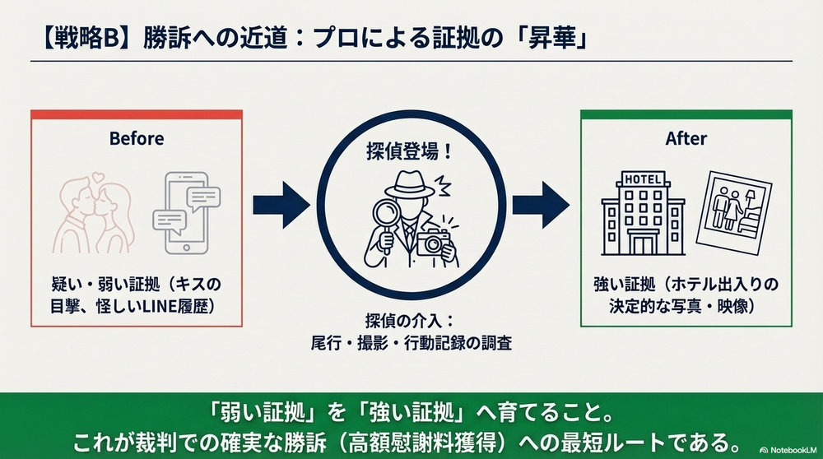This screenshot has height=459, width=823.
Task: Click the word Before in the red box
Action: pos(137,138)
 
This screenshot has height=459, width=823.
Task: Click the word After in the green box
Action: pos(686,138)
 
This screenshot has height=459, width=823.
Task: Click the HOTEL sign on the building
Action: pos(643,180)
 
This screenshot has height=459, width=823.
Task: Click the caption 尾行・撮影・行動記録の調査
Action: pos(411,343)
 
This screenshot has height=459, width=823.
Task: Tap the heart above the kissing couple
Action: pos(99,175)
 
